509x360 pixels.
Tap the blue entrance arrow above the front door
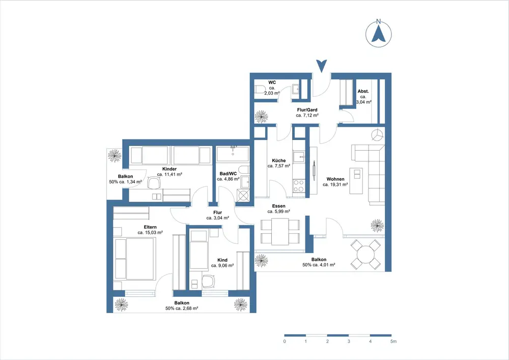[x=322, y=66]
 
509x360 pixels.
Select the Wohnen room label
[x=335, y=179]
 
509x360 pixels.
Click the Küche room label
[x=279, y=160]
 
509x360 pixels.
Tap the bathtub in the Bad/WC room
[x=233, y=154]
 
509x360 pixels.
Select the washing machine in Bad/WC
[x=243, y=195]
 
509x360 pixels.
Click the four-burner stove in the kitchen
[x=299, y=186]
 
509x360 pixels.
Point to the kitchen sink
[x=299, y=156]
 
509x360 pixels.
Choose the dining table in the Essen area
[x=280, y=232]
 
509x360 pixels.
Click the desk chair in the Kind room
[x=208, y=282]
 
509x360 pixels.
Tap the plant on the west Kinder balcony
[x=114, y=155]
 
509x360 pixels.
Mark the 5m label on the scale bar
[x=393, y=342]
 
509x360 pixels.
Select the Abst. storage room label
[x=363, y=91]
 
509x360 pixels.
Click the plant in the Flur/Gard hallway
[x=261, y=117]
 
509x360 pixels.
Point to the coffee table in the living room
[x=356, y=181]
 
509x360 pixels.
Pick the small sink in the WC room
[x=295, y=89]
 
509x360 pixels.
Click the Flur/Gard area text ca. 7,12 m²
[x=307, y=115]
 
